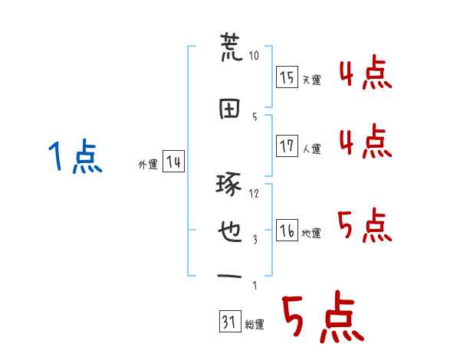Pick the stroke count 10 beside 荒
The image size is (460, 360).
coord(255,55)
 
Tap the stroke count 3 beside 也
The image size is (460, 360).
coord(255,239)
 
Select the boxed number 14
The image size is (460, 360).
coord(173,162)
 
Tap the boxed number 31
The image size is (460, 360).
coord(228,322)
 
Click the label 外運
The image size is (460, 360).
coord(147,164)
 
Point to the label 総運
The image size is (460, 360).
coord(254,325)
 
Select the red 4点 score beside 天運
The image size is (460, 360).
coord(365,74)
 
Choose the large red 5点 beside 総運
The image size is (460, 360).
coord(321,319)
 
